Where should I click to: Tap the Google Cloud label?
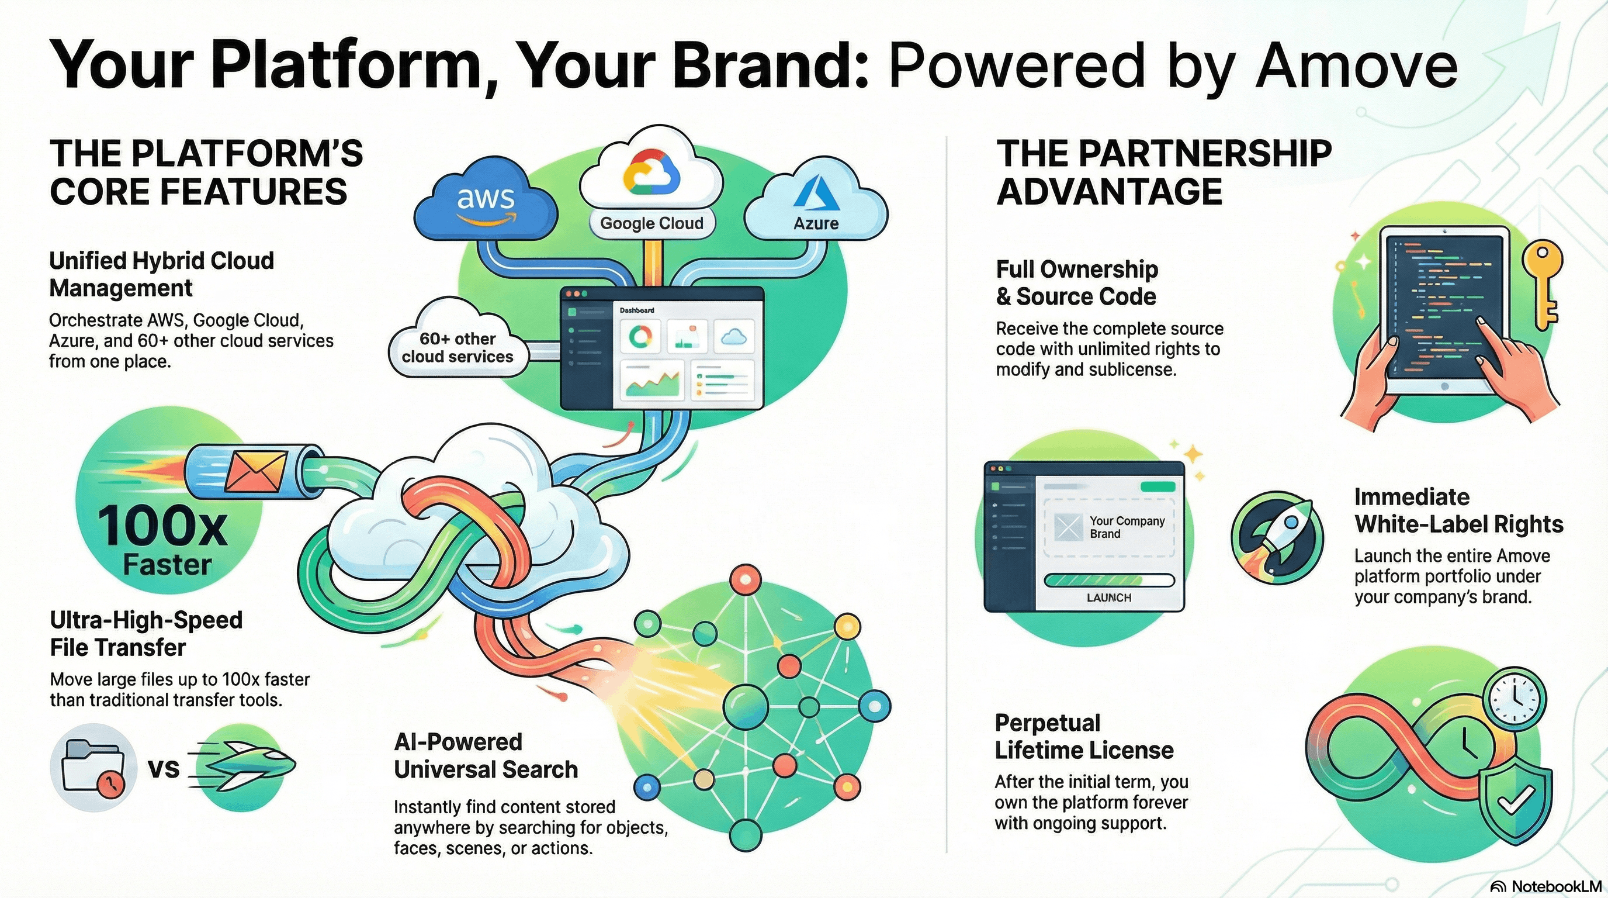tap(651, 223)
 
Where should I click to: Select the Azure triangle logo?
tap(813, 192)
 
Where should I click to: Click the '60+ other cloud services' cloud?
tap(458, 347)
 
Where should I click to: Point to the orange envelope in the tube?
tap(255, 471)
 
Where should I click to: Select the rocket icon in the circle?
tap(1278, 537)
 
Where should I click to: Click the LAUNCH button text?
tap(1108, 597)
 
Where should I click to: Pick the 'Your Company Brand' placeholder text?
tap(1127, 527)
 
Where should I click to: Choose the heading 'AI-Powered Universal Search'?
tap(486, 755)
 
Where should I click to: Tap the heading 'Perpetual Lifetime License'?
tap(1084, 736)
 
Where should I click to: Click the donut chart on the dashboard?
tap(640, 337)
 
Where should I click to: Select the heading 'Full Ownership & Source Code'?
tap(1077, 283)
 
